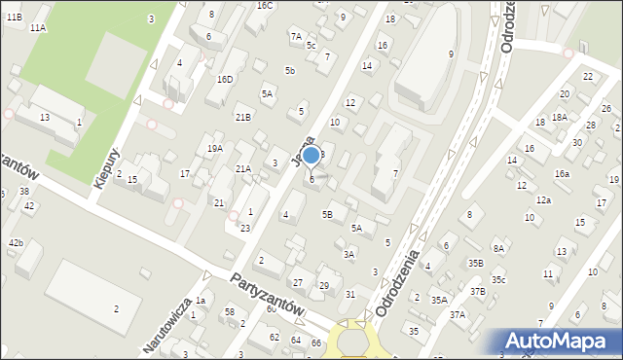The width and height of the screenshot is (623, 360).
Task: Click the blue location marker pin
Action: [x=311, y=156]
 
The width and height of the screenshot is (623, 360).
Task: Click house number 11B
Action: [x=14, y=18]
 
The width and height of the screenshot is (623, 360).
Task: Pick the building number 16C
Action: [x=265, y=5]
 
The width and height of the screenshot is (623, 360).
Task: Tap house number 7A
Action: [x=295, y=36]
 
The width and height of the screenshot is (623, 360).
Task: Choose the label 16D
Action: [x=225, y=79]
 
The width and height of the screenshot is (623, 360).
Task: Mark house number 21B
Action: [x=242, y=117]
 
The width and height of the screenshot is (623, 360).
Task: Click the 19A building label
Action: [x=215, y=148]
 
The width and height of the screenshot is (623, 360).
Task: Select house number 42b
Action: [x=16, y=241]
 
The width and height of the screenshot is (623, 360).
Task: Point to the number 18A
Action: [x=559, y=117]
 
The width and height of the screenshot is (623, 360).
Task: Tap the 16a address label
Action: [x=562, y=173]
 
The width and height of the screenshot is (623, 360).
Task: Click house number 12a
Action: [x=543, y=199]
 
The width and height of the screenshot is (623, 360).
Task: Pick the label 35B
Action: [x=475, y=263]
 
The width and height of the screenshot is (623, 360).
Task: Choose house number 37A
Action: [x=458, y=314]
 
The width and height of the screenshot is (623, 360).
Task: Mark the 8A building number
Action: [x=498, y=248]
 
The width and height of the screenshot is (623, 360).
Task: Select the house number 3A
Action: [x=348, y=254]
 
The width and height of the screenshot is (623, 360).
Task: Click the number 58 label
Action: [x=230, y=311]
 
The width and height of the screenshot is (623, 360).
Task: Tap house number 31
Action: [x=350, y=294]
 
